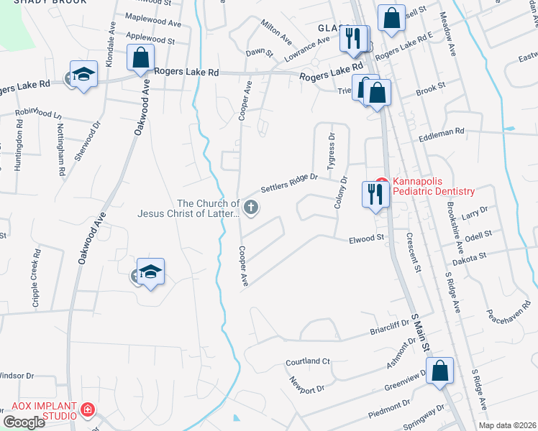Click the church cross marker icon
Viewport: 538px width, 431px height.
252,208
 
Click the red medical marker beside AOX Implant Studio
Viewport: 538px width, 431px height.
88,410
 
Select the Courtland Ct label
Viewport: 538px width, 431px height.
306,361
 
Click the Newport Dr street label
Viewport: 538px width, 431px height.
307,385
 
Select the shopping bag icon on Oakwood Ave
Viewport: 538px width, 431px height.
141,57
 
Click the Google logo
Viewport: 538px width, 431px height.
24,422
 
